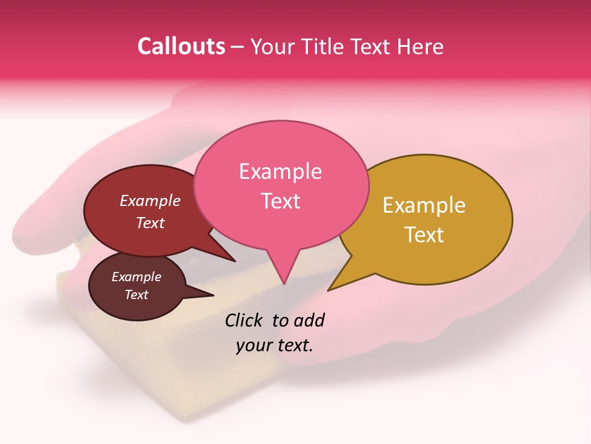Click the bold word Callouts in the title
click(x=181, y=46)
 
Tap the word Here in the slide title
click(x=422, y=46)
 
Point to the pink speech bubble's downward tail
click(x=283, y=268)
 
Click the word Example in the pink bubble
click(x=280, y=171)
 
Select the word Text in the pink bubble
click(x=281, y=201)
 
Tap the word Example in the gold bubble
click(x=424, y=205)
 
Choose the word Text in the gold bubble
click(x=425, y=235)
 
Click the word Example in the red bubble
click(x=150, y=200)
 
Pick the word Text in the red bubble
click(x=150, y=223)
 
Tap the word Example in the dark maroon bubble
click(x=136, y=277)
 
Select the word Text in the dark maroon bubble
click(x=136, y=295)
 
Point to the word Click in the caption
click(x=244, y=320)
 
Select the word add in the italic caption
click(x=308, y=320)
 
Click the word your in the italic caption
click(x=252, y=345)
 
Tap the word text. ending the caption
click(x=293, y=345)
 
